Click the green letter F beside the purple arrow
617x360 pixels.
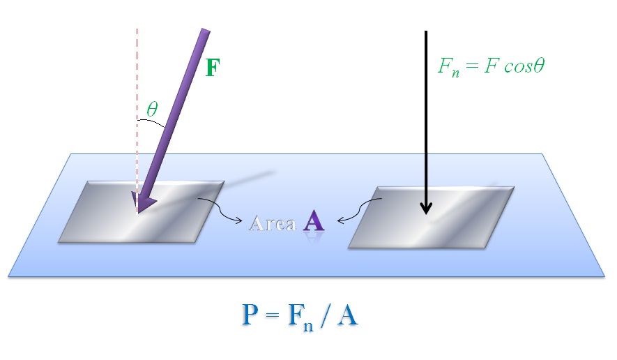(213, 69)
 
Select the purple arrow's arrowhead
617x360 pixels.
(143, 202)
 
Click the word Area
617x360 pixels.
(273, 223)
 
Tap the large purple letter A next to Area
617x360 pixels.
(314, 222)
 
